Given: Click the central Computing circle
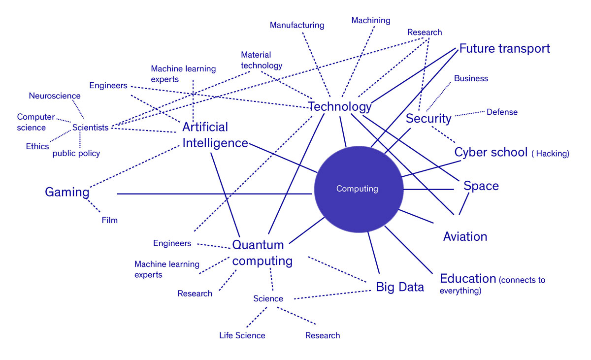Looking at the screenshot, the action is [x=359, y=190].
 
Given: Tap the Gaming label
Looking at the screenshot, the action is [x=67, y=192].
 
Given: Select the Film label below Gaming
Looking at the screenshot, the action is [x=109, y=220].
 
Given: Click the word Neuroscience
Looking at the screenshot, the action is [x=55, y=96].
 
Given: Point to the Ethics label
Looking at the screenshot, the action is [x=37, y=146].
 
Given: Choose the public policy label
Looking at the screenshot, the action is [x=76, y=154].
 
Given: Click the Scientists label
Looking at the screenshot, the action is [x=90, y=128].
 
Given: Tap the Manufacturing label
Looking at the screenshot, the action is [x=297, y=25].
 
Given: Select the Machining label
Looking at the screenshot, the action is [x=371, y=20].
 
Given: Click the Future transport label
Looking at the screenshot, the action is [x=504, y=49].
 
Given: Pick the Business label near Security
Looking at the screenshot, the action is [x=471, y=78].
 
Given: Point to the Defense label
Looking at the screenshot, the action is [x=502, y=112].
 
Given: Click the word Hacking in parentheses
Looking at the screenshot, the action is [x=552, y=154].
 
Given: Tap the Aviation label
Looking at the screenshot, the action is [x=465, y=236].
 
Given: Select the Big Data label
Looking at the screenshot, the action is [x=400, y=287].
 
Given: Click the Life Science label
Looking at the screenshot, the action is [x=242, y=335].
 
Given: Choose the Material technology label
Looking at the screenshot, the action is [x=261, y=60].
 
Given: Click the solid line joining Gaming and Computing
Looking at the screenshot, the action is [x=215, y=194].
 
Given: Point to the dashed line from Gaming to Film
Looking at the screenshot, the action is [x=94, y=206].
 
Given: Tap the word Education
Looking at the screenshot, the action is [x=468, y=279].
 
